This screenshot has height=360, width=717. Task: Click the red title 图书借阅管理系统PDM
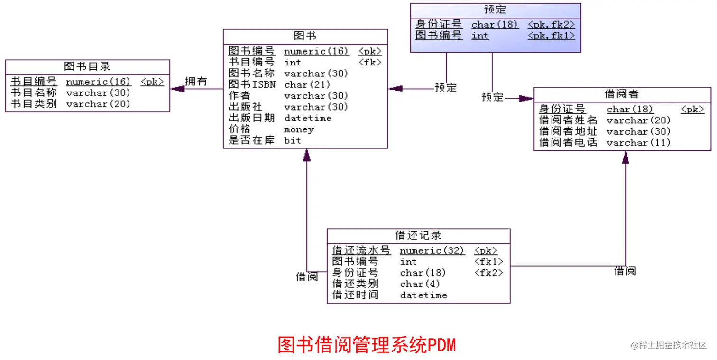(x=366, y=345)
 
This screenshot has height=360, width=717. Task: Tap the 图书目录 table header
(x=87, y=66)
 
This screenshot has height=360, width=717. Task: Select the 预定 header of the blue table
(x=495, y=9)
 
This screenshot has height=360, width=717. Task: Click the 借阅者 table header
(x=622, y=94)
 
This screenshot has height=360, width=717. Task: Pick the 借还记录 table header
(x=418, y=235)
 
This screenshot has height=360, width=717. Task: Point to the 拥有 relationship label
(x=196, y=82)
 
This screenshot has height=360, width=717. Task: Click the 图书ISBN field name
(x=251, y=85)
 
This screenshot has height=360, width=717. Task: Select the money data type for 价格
(x=299, y=129)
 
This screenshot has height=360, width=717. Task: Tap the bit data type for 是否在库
(x=292, y=140)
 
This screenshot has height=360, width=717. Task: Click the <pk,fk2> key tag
(x=551, y=24)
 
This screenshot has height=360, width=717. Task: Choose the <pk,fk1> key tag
(x=551, y=36)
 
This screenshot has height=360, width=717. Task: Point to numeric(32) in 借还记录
(x=432, y=250)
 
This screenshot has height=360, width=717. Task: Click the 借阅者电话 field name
(x=568, y=142)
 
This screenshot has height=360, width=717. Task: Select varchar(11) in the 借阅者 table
(x=638, y=142)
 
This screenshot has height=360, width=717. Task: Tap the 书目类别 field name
(x=34, y=104)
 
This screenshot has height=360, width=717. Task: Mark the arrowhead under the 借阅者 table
(x=625, y=158)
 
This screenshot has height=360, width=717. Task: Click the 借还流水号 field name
(x=361, y=250)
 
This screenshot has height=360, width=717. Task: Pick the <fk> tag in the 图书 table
(x=370, y=62)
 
